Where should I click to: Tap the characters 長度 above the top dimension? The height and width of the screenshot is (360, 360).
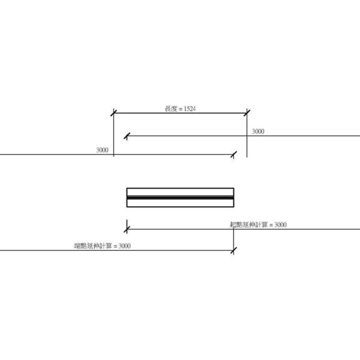click(170, 109)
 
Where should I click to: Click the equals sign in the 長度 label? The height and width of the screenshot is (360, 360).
click(181, 109)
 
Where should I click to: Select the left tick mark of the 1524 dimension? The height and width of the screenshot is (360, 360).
click(113, 112)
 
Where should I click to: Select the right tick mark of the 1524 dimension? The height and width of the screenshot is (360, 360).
click(247, 112)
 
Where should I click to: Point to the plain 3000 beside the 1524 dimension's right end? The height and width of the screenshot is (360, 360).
click(257, 131)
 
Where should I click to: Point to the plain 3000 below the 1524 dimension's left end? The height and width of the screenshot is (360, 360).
click(102, 150)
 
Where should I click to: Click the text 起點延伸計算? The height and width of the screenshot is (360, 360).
click(248, 224)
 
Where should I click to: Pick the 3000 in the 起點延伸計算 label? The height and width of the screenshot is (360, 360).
click(280, 224)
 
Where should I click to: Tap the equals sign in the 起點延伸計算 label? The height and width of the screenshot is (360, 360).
click(271, 224)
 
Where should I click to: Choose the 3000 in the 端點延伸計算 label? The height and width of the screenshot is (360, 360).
click(125, 245)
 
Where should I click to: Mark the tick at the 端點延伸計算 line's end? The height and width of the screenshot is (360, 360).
click(233, 250)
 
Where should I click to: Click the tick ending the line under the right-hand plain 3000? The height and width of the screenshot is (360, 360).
click(127, 136)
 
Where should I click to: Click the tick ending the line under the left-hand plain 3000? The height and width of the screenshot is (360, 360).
click(233, 155)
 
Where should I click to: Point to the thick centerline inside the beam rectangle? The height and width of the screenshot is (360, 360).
click(180, 197)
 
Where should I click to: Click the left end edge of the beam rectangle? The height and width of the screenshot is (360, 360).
click(127, 197)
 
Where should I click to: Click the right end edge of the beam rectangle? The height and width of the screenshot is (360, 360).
click(233, 197)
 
